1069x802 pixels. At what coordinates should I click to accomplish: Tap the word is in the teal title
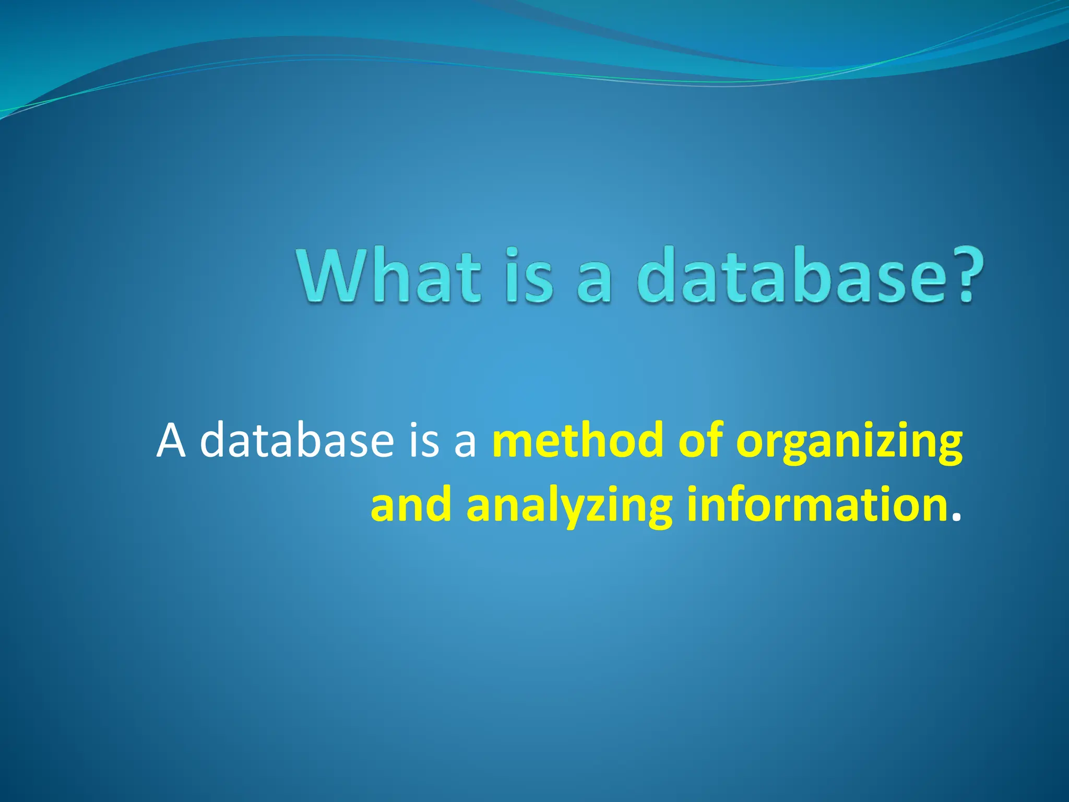point(529,276)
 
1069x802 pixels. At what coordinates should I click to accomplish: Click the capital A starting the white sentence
point(171,441)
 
